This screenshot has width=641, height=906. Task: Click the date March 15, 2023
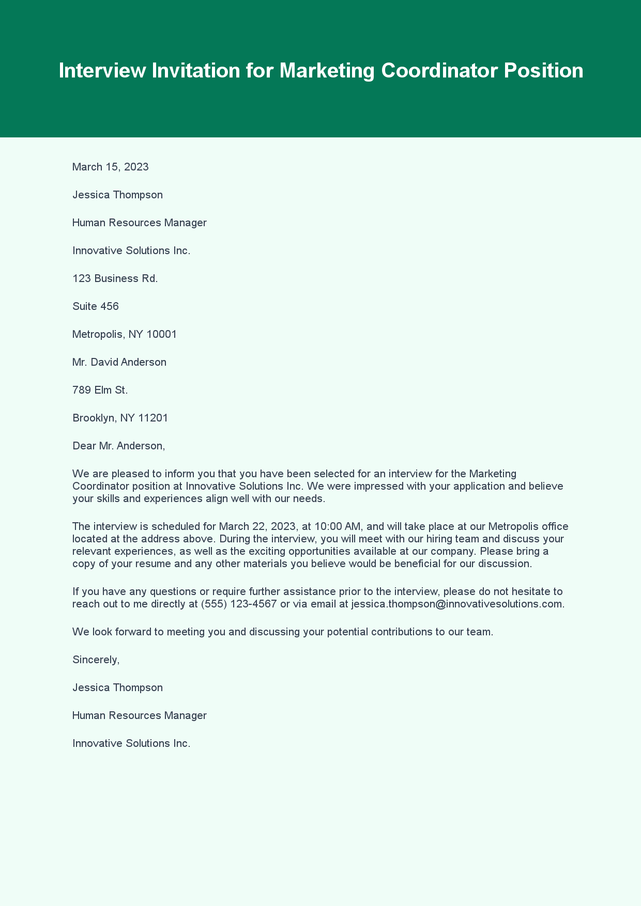pyautogui.click(x=111, y=167)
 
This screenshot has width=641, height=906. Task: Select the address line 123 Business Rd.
pyautogui.click(x=115, y=278)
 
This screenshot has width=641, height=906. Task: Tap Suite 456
pyautogui.click(x=96, y=306)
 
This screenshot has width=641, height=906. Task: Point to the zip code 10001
pyautogui.click(x=161, y=334)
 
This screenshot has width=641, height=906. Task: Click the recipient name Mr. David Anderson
pyautogui.click(x=119, y=362)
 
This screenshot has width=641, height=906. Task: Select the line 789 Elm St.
pyautogui.click(x=100, y=390)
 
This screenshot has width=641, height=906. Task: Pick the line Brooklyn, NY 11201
pyautogui.click(x=120, y=418)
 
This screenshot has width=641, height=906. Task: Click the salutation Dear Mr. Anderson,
pyautogui.click(x=118, y=446)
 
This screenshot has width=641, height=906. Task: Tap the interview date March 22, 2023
pyautogui.click(x=257, y=526)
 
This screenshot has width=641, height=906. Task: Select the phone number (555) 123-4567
pyautogui.click(x=239, y=604)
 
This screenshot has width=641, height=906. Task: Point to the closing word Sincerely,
pyautogui.click(x=96, y=660)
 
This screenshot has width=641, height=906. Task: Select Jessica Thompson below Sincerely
pyautogui.click(x=117, y=688)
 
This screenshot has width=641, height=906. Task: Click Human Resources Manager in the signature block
pyautogui.click(x=139, y=715)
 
